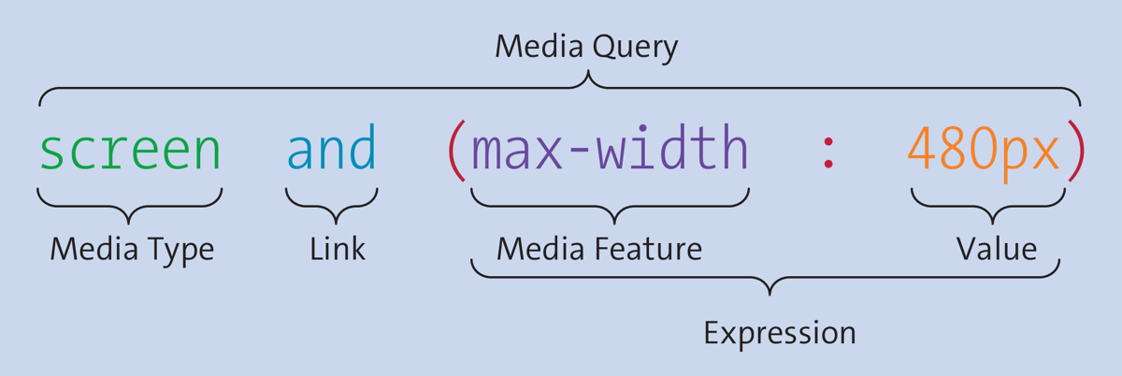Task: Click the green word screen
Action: (x=130, y=150)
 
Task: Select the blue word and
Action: (x=331, y=150)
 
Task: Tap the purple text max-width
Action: (x=610, y=150)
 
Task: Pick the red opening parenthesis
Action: (x=455, y=152)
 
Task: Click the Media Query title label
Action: (x=586, y=47)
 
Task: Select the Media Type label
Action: (x=132, y=249)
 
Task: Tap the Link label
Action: (x=338, y=249)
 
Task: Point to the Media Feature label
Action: (x=599, y=249)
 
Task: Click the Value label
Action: (x=996, y=249)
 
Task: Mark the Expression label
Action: (x=779, y=332)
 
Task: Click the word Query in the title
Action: (x=633, y=48)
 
